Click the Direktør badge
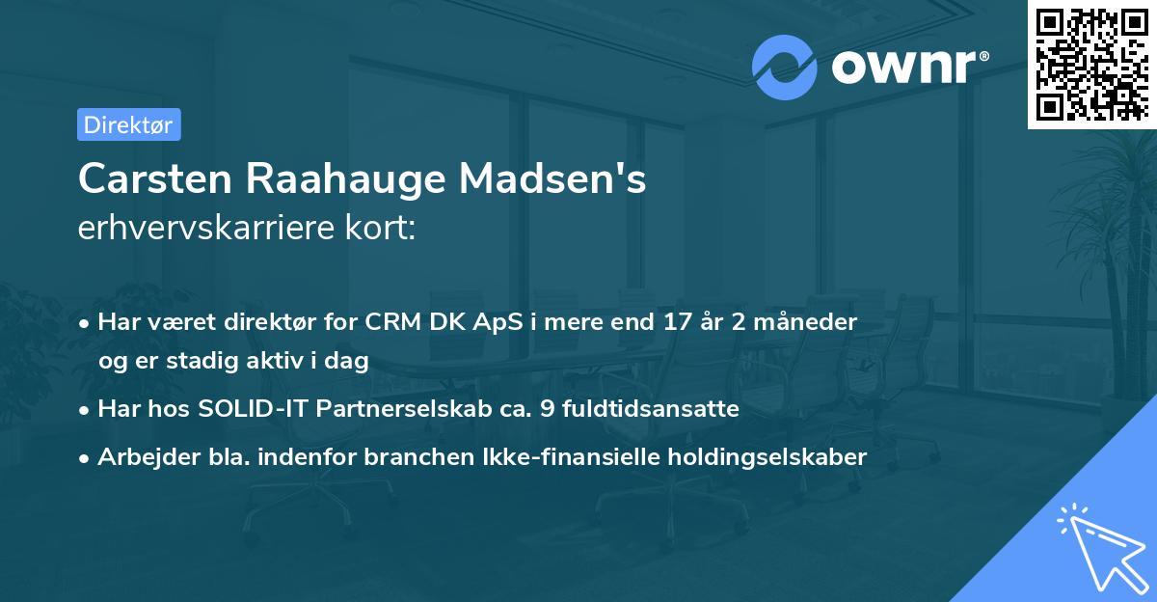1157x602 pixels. point(128,124)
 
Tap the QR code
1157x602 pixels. point(1091,64)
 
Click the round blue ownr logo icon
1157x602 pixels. point(785,67)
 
